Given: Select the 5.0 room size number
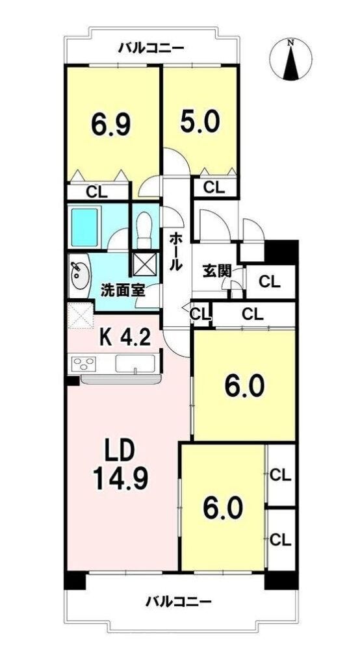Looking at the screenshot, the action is [199, 120].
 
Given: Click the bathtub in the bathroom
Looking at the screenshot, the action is [85, 227].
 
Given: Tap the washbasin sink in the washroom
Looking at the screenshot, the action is [79, 275].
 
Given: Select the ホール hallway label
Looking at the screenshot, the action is [175, 251].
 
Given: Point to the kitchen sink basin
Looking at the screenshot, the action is [135, 364].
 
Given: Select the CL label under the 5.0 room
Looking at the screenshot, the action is [214, 188].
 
